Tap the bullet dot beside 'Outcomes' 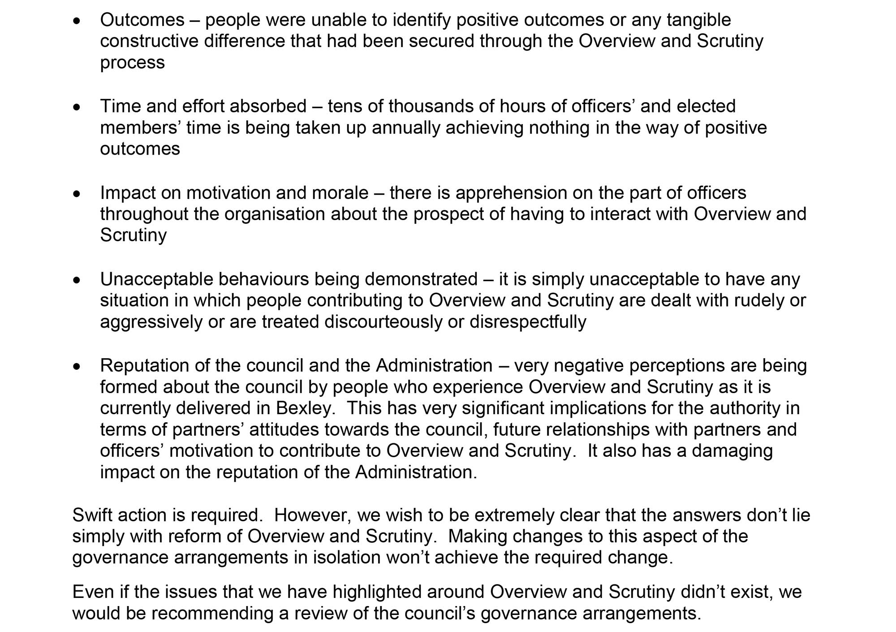(78, 21)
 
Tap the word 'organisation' (275, 214)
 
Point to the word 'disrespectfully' (528, 322)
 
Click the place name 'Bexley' (305, 408)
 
